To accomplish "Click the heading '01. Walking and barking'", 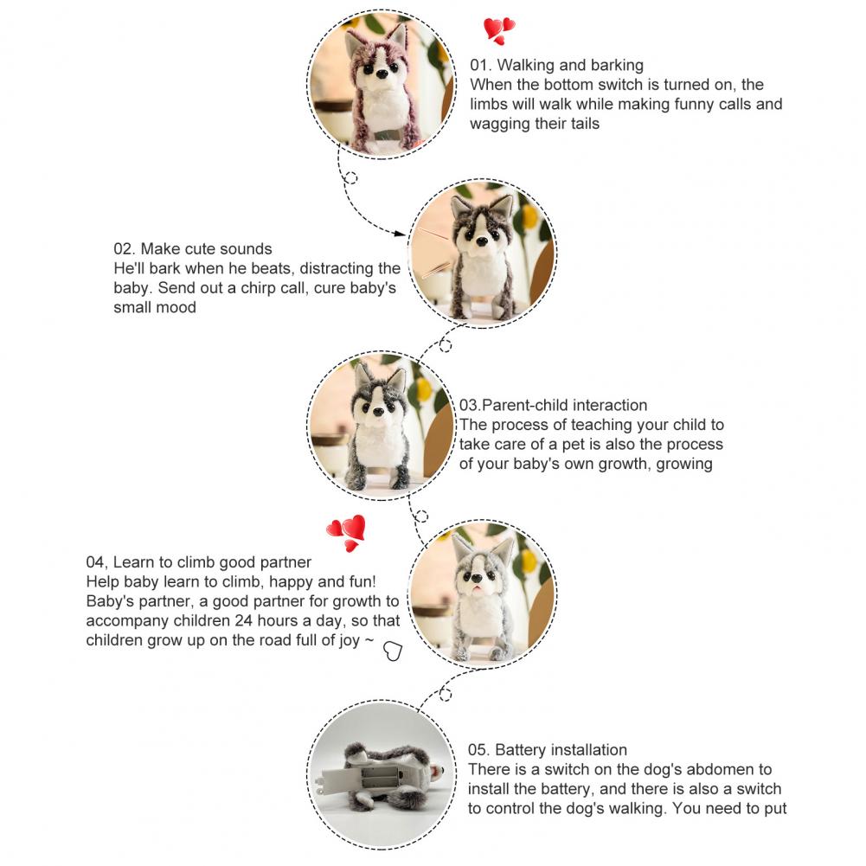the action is (557, 65).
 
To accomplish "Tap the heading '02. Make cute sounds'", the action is (193, 248).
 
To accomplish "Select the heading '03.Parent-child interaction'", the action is (553, 405).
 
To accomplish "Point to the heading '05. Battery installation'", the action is (548, 749).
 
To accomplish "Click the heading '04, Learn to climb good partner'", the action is (199, 562).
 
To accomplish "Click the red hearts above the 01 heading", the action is (499, 30).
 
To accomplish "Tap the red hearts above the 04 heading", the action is (346, 533).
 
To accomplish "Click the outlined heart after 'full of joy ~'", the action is (393, 651).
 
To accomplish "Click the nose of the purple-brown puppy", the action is (381, 73).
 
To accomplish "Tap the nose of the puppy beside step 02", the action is (482, 241).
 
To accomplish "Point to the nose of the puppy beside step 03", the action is (378, 412).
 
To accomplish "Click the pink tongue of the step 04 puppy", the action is (476, 590).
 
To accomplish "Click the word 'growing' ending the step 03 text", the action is (684, 464).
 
